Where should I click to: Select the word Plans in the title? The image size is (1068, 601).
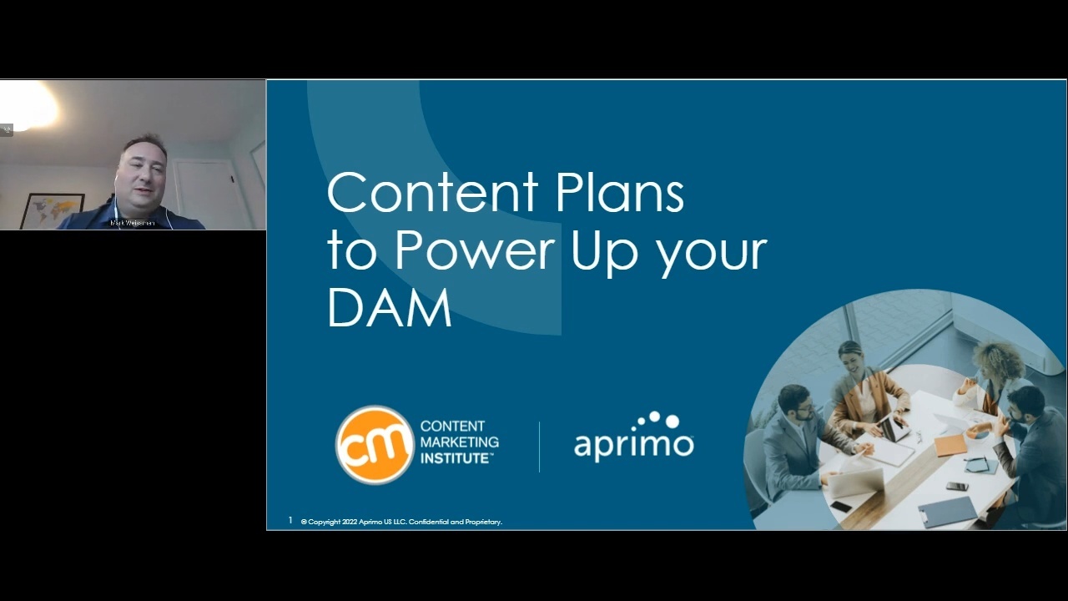click(619, 192)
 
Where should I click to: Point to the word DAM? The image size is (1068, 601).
click(389, 307)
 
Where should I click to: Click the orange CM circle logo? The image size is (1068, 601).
click(375, 445)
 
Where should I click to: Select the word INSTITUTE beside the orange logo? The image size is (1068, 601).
click(456, 458)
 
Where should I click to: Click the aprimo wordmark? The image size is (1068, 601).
click(633, 445)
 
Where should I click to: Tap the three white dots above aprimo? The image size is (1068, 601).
click(659, 419)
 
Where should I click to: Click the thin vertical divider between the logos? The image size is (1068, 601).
click(540, 447)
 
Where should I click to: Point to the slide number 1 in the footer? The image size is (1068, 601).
click(290, 520)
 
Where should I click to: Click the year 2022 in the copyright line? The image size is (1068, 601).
click(350, 522)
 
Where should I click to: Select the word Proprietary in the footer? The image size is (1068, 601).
click(482, 522)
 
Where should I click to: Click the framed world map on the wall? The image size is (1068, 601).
click(52, 210)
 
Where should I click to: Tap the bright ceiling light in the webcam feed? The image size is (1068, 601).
click(30, 106)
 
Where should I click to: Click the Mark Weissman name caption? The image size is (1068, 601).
click(133, 224)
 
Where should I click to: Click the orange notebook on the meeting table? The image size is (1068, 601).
click(950, 445)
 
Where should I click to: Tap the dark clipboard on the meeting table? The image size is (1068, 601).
click(948, 511)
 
